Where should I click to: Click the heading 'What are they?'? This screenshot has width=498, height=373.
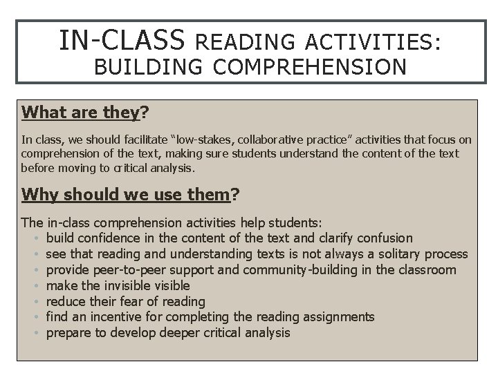[86, 112]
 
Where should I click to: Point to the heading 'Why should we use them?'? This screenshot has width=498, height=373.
[131, 195]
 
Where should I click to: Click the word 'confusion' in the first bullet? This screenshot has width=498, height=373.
[385, 238]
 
